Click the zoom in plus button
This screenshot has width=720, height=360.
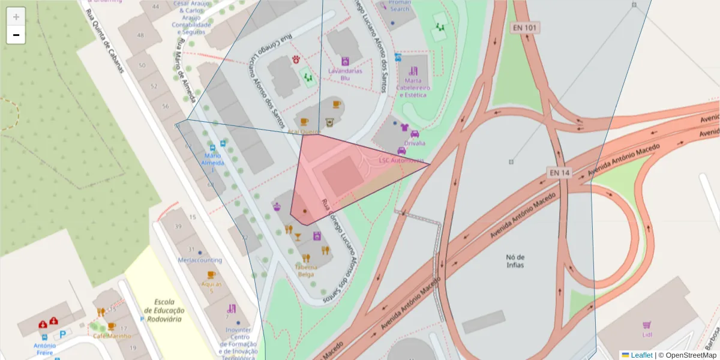tap(16, 17)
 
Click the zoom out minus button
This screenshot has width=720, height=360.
tap(16, 35)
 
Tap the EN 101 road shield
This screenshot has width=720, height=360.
tap(524, 28)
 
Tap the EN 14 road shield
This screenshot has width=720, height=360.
tap(559, 173)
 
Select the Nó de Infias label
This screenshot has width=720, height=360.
tap(515, 260)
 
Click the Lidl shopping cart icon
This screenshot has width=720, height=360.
tap(647, 325)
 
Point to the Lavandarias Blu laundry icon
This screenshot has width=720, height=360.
tap(346, 61)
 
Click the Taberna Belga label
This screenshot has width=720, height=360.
tap(305, 271)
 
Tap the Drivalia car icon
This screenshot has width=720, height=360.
tap(414, 134)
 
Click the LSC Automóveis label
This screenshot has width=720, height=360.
tap(400, 160)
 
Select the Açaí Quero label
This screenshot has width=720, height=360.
tap(304, 131)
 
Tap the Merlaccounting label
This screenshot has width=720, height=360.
tap(200, 260)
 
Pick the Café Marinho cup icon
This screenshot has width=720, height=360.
tap(111, 326)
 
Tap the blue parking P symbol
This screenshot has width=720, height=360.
tap(62, 334)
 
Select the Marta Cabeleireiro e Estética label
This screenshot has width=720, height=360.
tap(413, 87)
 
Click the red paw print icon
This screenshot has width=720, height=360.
tap(297, 59)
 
